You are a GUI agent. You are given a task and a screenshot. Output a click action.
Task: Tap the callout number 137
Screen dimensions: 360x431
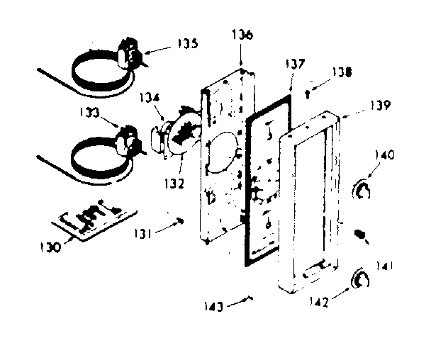click(296, 64)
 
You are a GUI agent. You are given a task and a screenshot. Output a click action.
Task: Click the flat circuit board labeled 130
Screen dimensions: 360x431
click(92, 219)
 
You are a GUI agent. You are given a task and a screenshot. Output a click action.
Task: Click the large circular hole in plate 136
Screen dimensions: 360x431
click(223, 149)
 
